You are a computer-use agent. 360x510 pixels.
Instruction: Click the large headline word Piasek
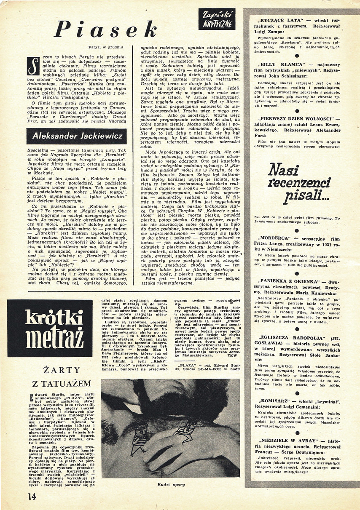pyautogui.click(x=105, y=30)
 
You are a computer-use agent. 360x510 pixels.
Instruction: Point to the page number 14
pyautogui.click(x=32, y=496)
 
